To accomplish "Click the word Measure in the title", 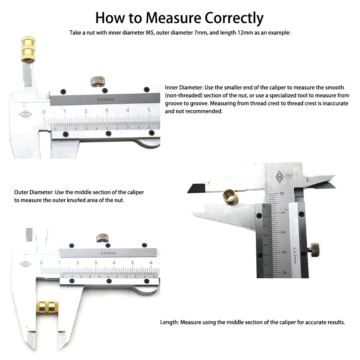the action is (x=174, y=18).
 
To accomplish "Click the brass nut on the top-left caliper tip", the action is (x=28, y=49).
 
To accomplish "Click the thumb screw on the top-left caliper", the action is (x=98, y=81).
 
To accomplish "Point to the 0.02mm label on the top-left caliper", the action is (x=105, y=100).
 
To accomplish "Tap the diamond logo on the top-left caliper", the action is (x=26, y=114).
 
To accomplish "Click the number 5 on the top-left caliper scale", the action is (x=149, y=110).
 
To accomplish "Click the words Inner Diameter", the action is (x=184, y=87).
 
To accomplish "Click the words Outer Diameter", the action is (x=34, y=192).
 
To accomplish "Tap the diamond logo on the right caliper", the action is (x=279, y=177).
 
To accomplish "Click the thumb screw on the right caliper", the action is (x=314, y=249).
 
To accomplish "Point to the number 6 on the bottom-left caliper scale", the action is (x=151, y=262).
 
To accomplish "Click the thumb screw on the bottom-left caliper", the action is (x=102, y=238).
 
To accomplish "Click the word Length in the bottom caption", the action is (x=169, y=322).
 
